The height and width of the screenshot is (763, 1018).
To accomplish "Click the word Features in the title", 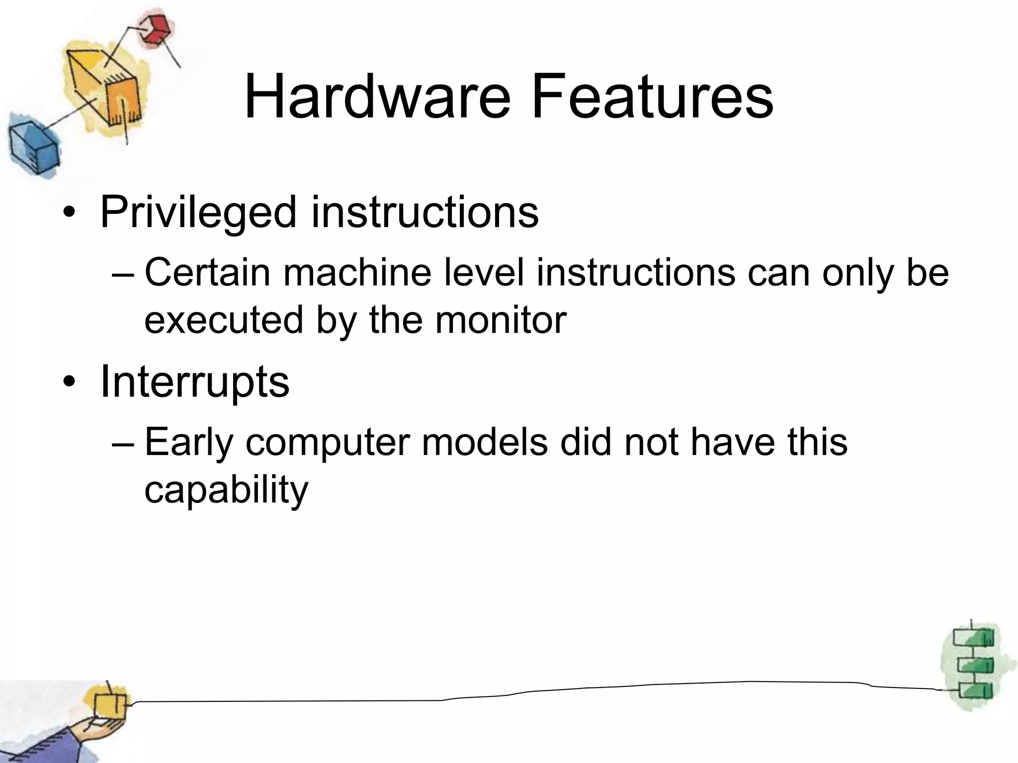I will (x=652, y=97).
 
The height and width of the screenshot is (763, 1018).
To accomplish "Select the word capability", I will (x=226, y=489).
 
